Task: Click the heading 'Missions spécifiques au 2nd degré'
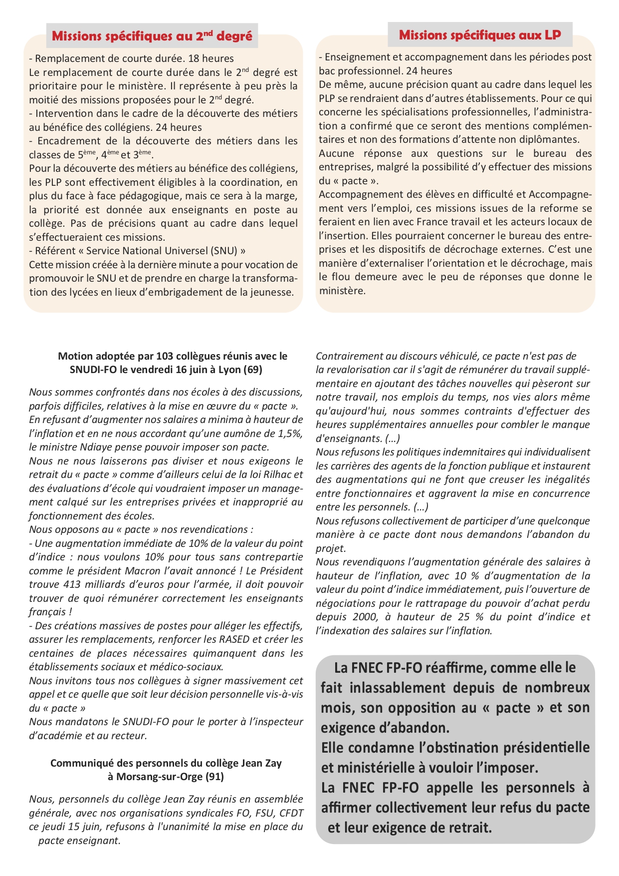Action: click(152, 36)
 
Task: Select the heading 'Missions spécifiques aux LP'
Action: click(480, 35)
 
